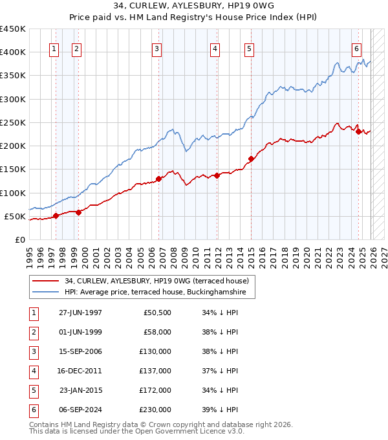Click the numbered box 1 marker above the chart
54,48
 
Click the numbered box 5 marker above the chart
249,48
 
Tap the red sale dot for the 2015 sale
251,158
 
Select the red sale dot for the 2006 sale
158,179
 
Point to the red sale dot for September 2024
358,131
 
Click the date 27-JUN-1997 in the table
80,313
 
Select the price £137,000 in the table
155,371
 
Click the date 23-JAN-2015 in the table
80,390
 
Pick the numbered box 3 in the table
32,351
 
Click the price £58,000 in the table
157,332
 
